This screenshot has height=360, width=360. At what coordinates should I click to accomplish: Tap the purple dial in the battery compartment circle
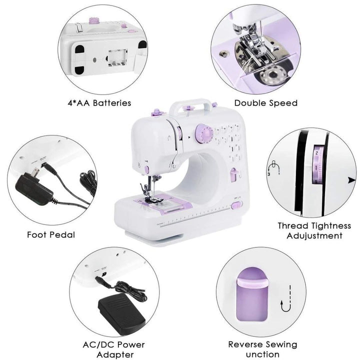pyautogui.click(x=92, y=21)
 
